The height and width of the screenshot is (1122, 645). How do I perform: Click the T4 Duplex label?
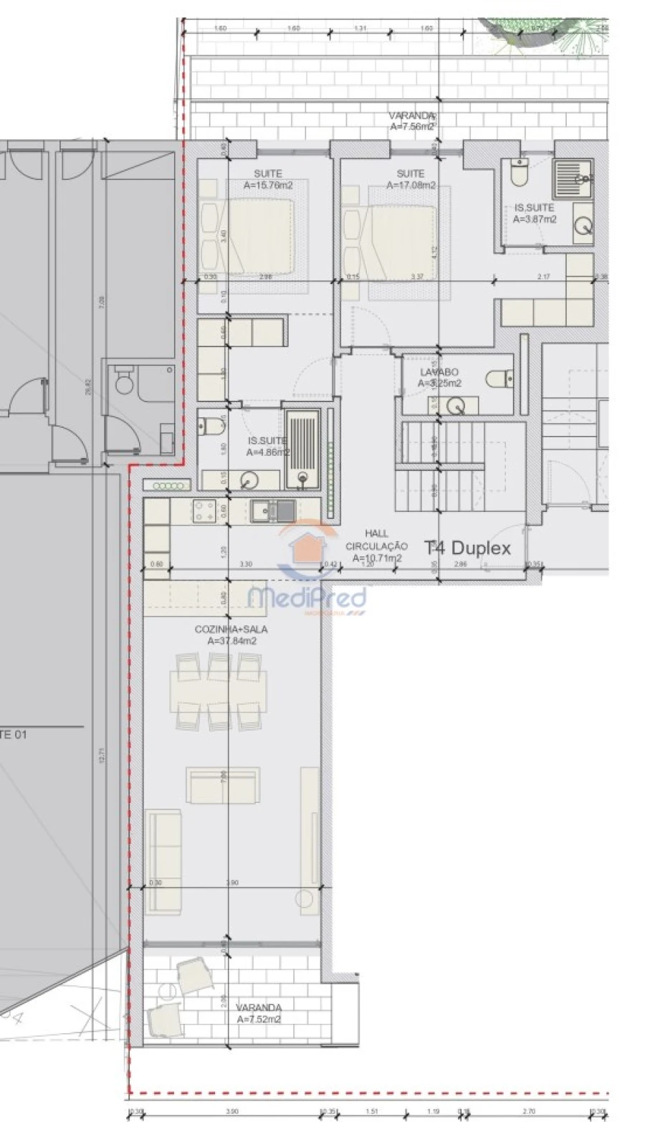pyautogui.click(x=468, y=548)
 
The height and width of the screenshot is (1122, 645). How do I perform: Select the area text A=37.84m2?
pyautogui.click(x=231, y=641)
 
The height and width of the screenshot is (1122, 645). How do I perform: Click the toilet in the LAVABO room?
pyautogui.click(x=500, y=378)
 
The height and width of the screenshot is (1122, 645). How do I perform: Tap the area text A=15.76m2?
pyautogui.click(x=268, y=185)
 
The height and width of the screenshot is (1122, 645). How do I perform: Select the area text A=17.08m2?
pyautogui.click(x=411, y=185)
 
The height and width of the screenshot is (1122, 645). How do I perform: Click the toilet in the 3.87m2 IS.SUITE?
pyautogui.click(x=518, y=172)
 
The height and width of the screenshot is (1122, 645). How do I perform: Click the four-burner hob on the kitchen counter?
pyautogui.click(x=204, y=510)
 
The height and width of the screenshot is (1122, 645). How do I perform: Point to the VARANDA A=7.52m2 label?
pyautogui.click(x=259, y=1012)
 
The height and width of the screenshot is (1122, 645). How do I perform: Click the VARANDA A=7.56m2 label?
pyautogui.click(x=412, y=120)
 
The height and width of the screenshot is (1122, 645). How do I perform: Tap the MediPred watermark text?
pyautogui.click(x=307, y=597)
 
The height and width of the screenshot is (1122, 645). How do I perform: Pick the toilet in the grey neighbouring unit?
pyautogui.click(x=125, y=383)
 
